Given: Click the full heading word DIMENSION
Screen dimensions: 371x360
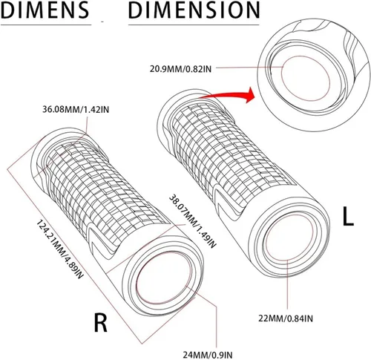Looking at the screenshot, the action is coord(194,10).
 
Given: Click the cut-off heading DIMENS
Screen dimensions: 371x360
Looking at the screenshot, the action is coord(45,10).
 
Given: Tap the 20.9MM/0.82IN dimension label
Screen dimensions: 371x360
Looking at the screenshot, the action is coord(180,68).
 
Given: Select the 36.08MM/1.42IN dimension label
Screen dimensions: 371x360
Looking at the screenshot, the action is coord(76,109).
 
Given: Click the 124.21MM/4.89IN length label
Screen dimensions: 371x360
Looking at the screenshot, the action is coord(59,249).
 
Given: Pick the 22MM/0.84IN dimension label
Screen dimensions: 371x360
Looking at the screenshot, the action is coord(286,318).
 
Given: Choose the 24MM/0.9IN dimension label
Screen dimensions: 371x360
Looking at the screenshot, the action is coord(208,355).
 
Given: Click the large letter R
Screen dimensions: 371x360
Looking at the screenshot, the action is coord(101,323).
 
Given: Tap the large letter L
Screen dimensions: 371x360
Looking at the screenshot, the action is coord(348,216).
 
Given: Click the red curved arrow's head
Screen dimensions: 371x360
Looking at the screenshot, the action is coord(249,95).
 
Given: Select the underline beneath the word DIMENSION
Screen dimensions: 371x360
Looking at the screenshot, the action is coord(194,24).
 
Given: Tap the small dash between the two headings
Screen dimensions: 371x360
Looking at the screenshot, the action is coord(102,22).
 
